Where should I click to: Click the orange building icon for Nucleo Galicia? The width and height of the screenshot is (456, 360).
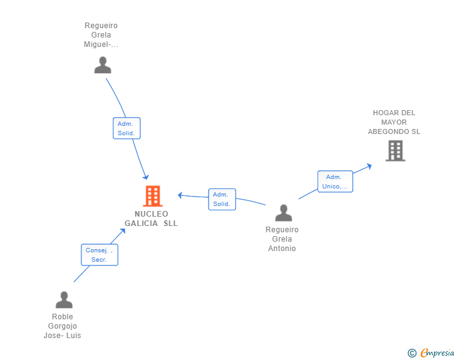(x=153, y=196)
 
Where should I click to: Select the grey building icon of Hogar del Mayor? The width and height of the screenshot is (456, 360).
(x=395, y=151)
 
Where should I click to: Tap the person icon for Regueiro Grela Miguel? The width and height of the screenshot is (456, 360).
(x=103, y=65)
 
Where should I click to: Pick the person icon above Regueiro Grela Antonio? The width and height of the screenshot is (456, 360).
(x=284, y=213)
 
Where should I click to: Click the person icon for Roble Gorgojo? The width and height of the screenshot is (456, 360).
(x=64, y=299)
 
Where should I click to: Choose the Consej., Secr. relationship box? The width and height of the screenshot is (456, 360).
(x=100, y=255)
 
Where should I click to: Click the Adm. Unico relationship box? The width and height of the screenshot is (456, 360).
(x=335, y=182)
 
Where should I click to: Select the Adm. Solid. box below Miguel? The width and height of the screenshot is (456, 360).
(x=127, y=128)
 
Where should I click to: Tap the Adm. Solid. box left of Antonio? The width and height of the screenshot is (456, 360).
(x=222, y=199)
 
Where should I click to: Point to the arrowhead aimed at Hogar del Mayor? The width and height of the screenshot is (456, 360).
(x=370, y=166)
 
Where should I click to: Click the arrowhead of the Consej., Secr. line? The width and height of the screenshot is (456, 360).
(x=123, y=231)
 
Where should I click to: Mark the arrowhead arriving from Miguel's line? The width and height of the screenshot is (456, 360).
(x=146, y=177)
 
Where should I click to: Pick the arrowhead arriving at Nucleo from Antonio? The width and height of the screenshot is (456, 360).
(x=180, y=195)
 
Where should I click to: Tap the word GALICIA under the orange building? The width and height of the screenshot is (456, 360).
(x=141, y=224)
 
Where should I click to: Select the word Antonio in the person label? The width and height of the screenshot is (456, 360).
(x=282, y=249)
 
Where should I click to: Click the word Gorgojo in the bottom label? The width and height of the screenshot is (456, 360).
(x=62, y=326)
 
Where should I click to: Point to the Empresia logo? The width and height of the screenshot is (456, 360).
(x=437, y=353)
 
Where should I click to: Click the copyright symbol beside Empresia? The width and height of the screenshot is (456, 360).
(x=412, y=353)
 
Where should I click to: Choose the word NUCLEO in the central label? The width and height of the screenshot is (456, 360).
(x=151, y=214)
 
